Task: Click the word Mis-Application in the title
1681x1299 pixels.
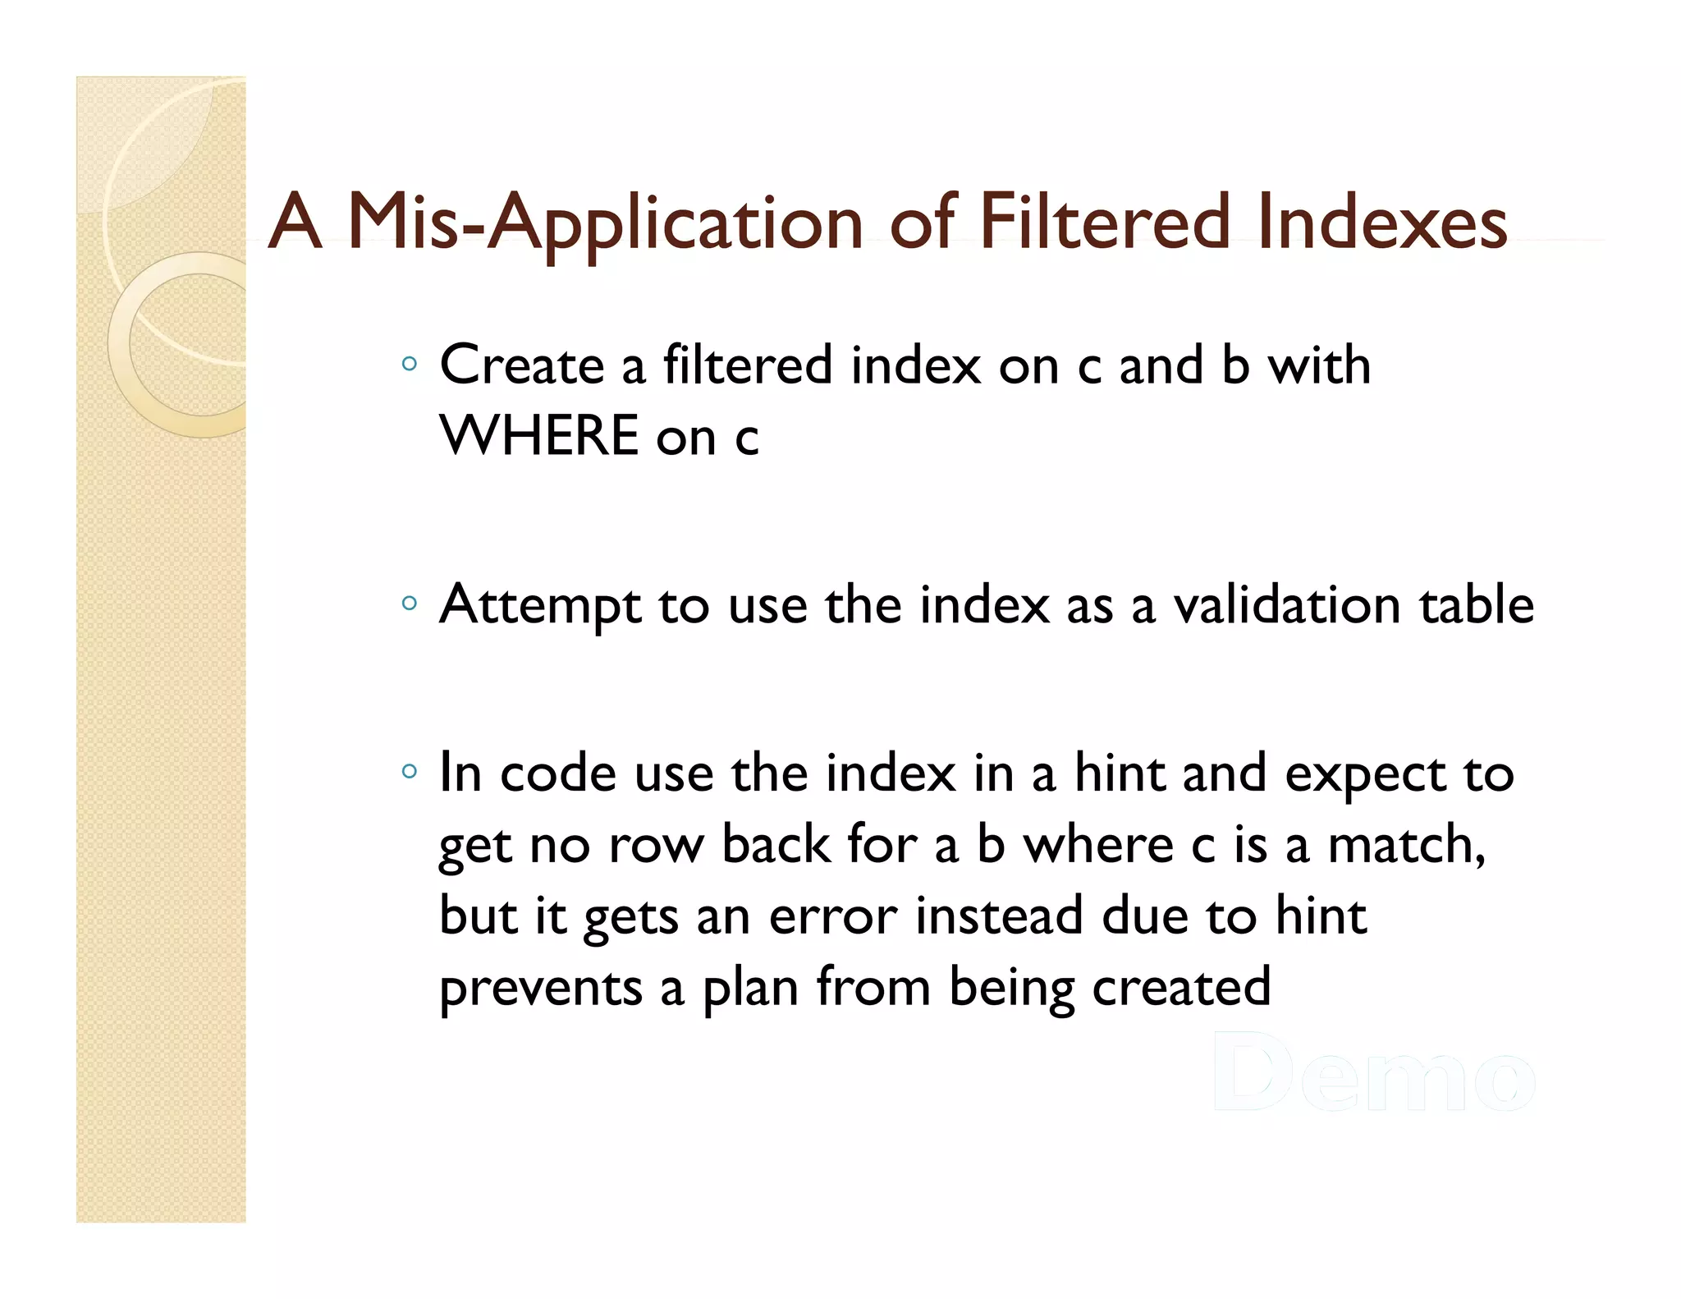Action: [606, 222]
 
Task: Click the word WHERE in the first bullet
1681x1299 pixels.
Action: [538, 435]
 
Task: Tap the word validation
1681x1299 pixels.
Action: [1287, 604]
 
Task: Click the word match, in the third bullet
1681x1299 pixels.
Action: [1406, 845]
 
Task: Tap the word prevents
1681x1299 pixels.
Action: [541, 988]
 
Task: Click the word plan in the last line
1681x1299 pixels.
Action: [750, 988]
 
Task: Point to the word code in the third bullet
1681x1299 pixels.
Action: [558, 773]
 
